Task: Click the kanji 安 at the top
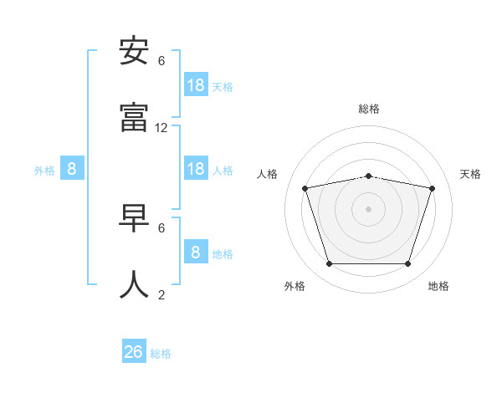[135, 53]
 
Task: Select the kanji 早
[135, 219]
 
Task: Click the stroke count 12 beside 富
[161, 128]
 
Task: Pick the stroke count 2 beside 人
[161, 294]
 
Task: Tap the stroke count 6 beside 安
[161, 61]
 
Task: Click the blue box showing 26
[134, 352]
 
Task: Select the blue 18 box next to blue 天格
[196, 85]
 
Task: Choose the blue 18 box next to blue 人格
[196, 169]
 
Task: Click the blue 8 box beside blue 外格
[72, 169]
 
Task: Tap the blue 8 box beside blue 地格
[196, 253]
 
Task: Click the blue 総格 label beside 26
[161, 354]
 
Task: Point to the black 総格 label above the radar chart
[369, 109]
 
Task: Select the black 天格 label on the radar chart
[471, 174]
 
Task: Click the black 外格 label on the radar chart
[295, 286]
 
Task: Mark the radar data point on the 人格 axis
[305, 188]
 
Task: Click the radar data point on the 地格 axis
[407, 263]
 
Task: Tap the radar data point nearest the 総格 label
[369, 176]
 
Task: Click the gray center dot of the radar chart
[369, 208]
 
